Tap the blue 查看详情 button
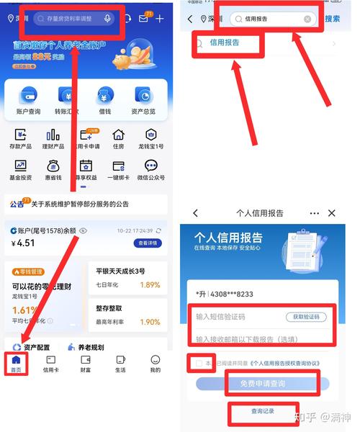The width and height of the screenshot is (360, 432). pos(149,243)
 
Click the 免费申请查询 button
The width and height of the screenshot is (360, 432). pos(263,384)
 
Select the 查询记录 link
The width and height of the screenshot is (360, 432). pos(263,411)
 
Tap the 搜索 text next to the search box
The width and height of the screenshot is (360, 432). pos(332,19)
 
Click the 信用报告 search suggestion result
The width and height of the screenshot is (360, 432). pos(225,43)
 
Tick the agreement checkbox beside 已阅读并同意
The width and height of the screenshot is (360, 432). pos(199,364)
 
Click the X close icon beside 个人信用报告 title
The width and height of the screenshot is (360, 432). pos(331,213)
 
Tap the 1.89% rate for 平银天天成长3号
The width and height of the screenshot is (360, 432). pos(149,284)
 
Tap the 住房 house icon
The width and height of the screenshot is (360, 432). pos(118,137)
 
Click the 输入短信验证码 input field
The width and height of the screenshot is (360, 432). pos(238,317)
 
